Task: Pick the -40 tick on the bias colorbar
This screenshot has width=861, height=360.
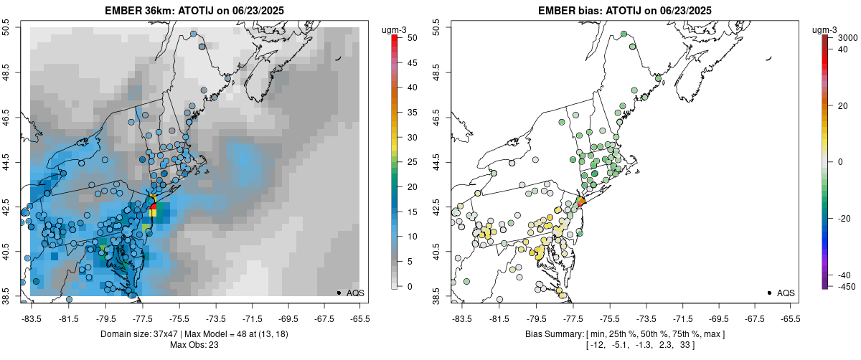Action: pyautogui.click(x=844, y=275)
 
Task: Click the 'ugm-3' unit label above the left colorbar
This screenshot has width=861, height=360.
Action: pyautogui.click(x=394, y=29)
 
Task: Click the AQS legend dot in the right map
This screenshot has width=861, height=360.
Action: pyautogui.click(x=769, y=293)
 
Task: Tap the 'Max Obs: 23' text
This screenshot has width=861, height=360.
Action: pyautogui.click(x=194, y=345)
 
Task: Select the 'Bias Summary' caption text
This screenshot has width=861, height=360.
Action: pyautogui.click(x=552, y=334)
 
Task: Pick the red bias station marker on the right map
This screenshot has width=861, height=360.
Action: pyautogui.click(x=581, y=202)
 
